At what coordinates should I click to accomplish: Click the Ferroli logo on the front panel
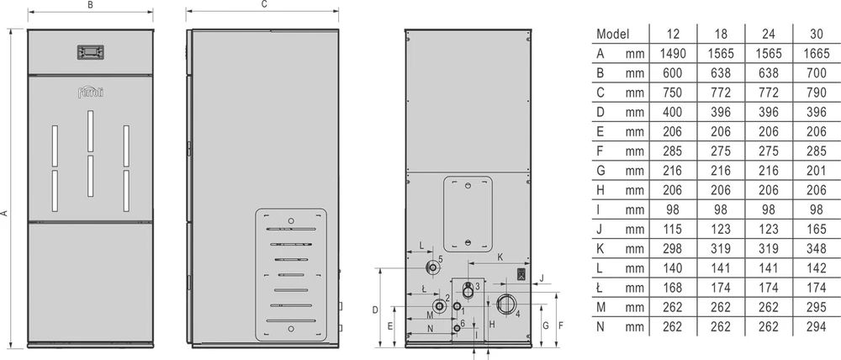[90, 93]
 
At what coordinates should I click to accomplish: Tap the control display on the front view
[91, 52]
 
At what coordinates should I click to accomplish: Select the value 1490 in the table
[673, 54]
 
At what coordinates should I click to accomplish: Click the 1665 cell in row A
[817, 54]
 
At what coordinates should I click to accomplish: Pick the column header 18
[721, 34]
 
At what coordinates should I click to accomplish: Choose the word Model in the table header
[612, 34]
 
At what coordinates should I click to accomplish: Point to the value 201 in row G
[817, 171]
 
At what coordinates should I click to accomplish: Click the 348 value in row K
[817, 249]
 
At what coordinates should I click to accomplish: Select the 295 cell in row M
[817, 307]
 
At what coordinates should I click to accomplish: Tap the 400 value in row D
[673, 112]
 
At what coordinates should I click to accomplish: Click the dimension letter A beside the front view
[5, 213]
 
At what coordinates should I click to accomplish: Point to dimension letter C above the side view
[264, 4]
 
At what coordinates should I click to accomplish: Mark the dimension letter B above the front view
[91, 4]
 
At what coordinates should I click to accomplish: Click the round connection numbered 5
[431, 267]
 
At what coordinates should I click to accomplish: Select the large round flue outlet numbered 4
[505, 304]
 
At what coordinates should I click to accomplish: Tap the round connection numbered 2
[440, 307]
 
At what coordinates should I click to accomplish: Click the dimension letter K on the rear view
[500, 257]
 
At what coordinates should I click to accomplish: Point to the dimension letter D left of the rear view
[374, 310]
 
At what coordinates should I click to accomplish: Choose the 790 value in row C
[817, 93]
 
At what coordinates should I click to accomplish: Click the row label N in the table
[600, 326]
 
